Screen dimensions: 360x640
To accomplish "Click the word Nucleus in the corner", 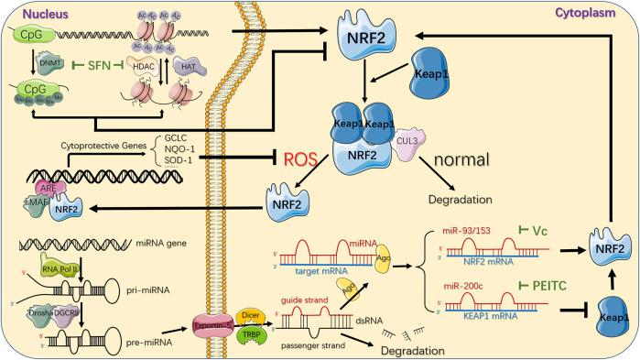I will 27,12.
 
